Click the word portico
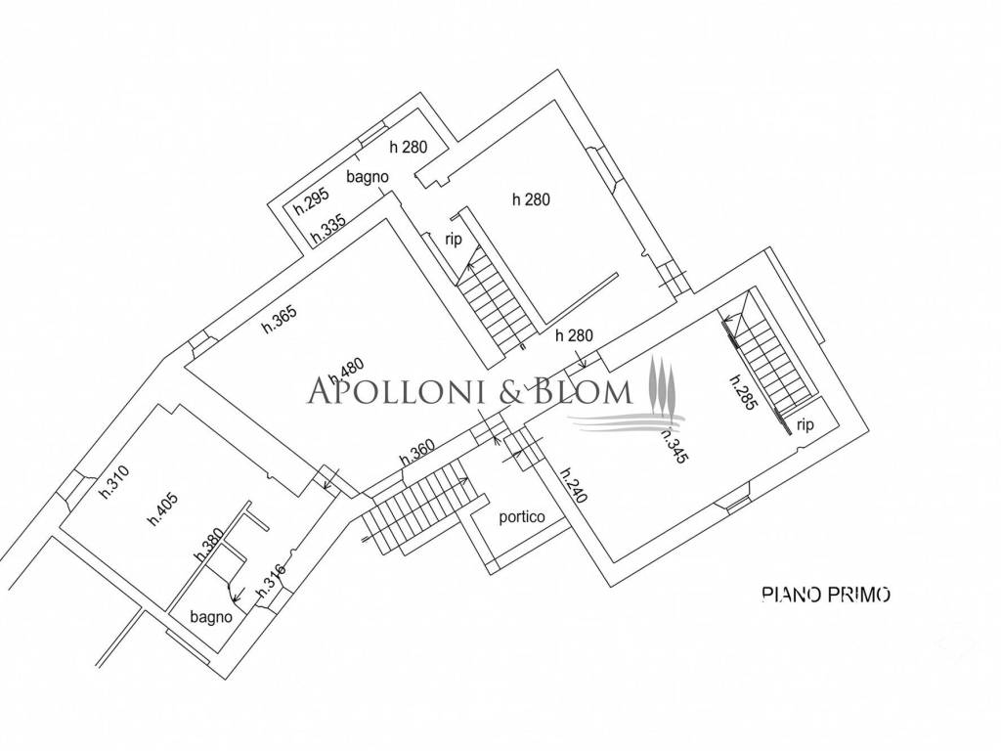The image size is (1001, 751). (522, 516)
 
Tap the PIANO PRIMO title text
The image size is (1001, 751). (826, 595)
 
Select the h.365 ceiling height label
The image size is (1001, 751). (280, 318)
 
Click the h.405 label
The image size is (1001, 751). (163, 509)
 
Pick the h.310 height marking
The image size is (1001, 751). (115, 481)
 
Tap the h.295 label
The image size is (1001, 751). (312, 200)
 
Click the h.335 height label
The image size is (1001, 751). (328, 228)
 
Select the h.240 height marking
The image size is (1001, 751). (573, 486)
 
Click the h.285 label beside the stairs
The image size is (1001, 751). (744, 391)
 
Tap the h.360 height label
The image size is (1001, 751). (416, 452)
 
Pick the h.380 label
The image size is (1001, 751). (209, 544)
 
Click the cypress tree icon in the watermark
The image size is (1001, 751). (662, 387)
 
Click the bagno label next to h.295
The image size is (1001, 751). (368, 176)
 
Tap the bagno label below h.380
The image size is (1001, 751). (211, 618)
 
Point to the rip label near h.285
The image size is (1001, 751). (805, 424)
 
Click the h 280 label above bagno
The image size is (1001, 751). (408, 147)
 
